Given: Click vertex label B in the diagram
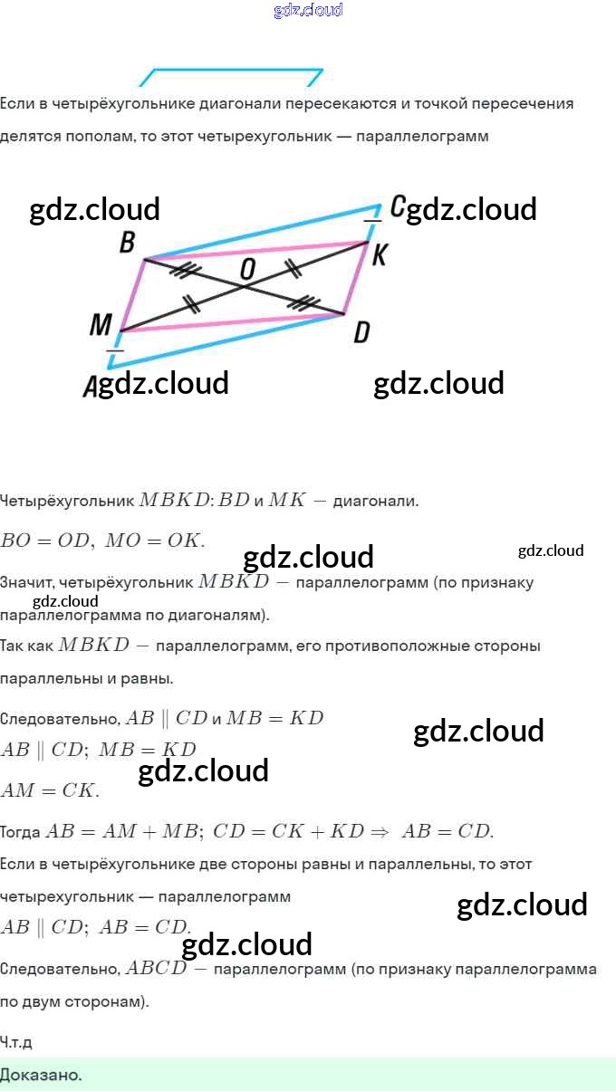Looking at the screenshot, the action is pos(127,242).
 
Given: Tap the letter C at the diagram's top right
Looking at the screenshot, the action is pos(397,206).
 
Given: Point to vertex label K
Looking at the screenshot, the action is pos(379,256).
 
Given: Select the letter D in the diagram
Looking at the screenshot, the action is pos(361,333).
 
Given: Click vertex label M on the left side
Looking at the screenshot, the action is pos(101,325).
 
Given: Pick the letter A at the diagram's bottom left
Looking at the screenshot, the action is pos(91,388).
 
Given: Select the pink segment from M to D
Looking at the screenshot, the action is pos(226,322).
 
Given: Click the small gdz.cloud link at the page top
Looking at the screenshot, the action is pos(308,11).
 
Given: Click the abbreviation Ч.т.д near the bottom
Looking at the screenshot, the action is pos(16,1042).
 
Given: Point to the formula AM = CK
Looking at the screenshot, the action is pos(50,790).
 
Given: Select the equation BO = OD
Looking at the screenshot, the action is pos(46,541).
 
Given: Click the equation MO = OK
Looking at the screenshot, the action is pos(155,541).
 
